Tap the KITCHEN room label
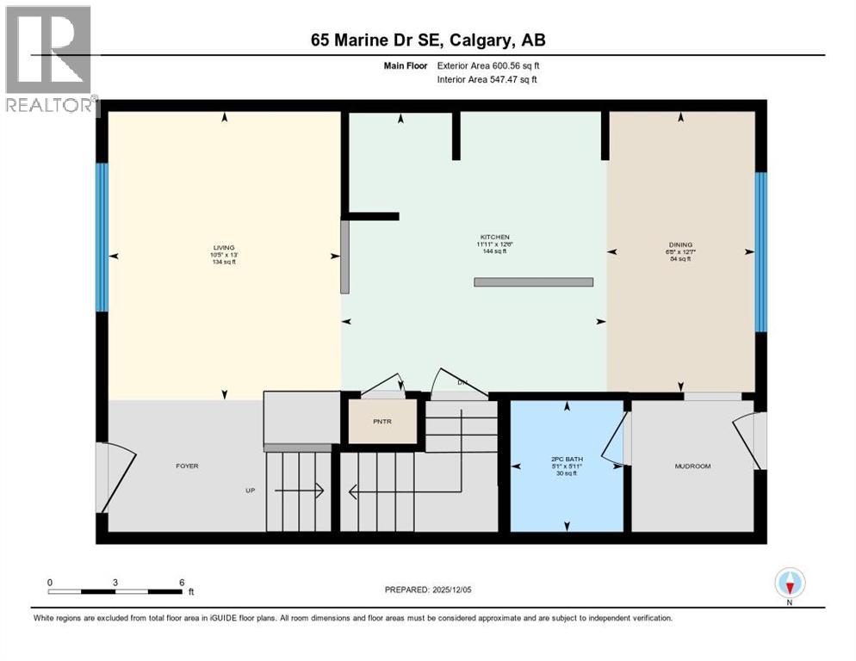coord(495,237)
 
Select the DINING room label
coord(680,244)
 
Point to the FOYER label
coord(187,466)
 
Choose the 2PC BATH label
coord(567,460)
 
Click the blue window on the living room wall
coord(102,237)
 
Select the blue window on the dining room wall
coord(760,251)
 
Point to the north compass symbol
coord(789,584)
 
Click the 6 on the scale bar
coord(182,582)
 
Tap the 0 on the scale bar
coord(50,582)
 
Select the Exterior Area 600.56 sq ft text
coord(487,65)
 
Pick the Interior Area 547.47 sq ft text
coord(487,79)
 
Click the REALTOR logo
coord(49,59)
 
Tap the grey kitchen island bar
coord(533,281)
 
